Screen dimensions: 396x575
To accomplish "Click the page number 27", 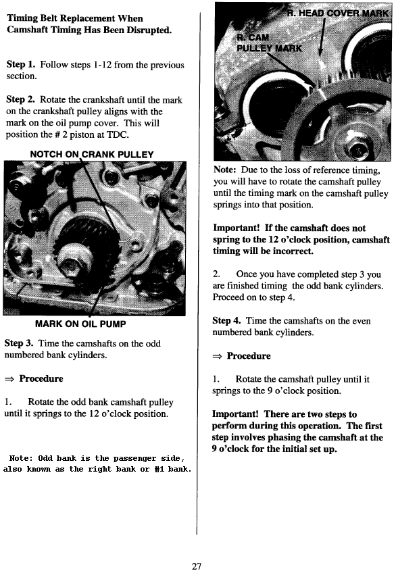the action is pyautogui.click(x=197, y=566).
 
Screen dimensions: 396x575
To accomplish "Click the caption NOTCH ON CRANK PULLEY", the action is pyautogui.click(x=92, y=154).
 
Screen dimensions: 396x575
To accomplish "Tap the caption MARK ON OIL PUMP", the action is pyautogui.click(x=80, y=324).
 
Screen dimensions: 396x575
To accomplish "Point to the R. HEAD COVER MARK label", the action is pyautogui.click(x=337, y=14).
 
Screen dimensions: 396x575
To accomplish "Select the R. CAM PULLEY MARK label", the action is pyautogui.click(x=269, y=43).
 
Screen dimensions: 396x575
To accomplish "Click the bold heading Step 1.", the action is pyautogui.click(x=20, y=65).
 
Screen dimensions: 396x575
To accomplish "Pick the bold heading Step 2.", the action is pyautogui.click(x=20, y=99).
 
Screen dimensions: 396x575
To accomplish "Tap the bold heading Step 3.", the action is pyautogui.click(x=19, y=343).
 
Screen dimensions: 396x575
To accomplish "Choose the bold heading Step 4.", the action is pyautogui.click(x=226, y=320).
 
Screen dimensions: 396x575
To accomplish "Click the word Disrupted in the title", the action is pyautogui.click(x=149, y=30).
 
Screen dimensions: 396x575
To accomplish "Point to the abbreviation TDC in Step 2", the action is pyautogui.click(x=118, y=134).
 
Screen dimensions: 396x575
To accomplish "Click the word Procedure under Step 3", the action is pyautogui.click(x=41, y=378).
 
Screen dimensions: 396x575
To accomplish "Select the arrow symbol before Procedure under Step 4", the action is pyautogui.click(x=217, y=356).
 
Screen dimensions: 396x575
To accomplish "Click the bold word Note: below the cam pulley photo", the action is pyautogui.click(x=225, y=170).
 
